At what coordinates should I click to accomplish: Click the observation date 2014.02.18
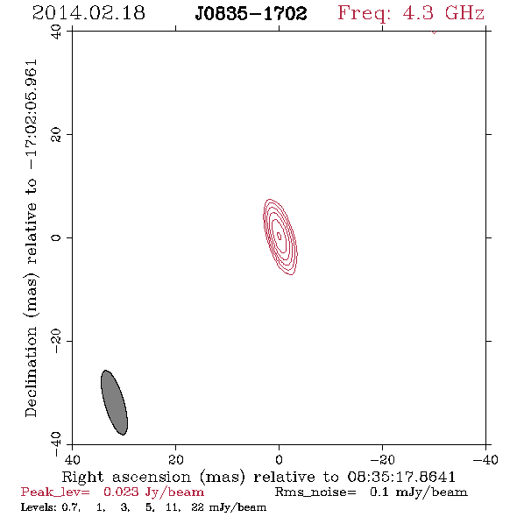pos(89,13)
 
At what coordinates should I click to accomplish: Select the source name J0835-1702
pos(251,14)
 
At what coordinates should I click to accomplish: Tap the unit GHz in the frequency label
pos(464,13)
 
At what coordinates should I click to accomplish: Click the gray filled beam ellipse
pos(114,402)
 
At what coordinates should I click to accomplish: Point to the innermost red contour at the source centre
pos(279,236)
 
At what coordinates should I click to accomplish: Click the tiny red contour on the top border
pos(434,32)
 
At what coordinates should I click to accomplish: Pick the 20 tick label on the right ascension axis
pos(175,460)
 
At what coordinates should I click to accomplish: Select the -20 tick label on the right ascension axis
pos(382,460)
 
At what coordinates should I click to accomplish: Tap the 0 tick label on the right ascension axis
pos(279,460)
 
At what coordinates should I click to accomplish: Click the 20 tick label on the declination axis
pos(56,135)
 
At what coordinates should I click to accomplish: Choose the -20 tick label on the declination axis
pos(56,341)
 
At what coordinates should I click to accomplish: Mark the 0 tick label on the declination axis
pos(56,237)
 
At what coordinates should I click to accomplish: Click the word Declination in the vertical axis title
pos(31,372)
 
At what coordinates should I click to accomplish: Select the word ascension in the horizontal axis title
pos(152,477)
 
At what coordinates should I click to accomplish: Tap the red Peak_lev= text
pos(55,492)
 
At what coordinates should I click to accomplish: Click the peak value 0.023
pos(121,492)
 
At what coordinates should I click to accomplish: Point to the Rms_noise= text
pos(315,492)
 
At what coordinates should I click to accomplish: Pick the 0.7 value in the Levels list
pos(71,507)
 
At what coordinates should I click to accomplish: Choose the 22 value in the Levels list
pos(197,506)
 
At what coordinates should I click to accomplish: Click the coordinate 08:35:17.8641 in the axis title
pos(401,477)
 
